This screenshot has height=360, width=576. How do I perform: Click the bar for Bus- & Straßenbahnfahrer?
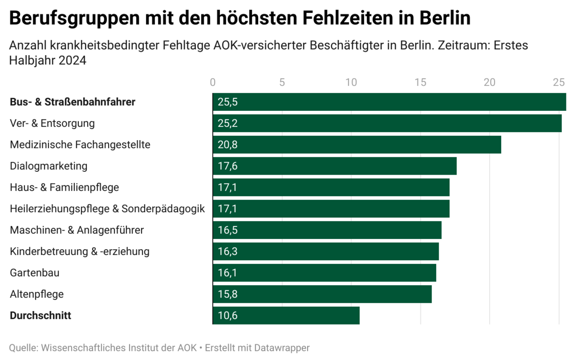pyautogui.click(x=389, y=102)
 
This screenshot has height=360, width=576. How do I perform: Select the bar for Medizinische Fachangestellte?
pyautogui.click(x=357, y=144)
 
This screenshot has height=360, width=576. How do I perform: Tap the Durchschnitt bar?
pyautogui.click(x=286, y=315)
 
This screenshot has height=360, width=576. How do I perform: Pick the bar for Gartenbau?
pyautogui.click(x=324, y=273)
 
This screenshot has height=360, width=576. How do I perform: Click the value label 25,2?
pyautogui.click(x=228, y=123)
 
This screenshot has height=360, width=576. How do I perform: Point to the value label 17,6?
pyautogui.click(x=228, y=166)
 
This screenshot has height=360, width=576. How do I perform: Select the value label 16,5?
pyautogui.click(x=228, y=230)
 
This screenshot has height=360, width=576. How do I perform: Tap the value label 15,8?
pyautogui.click(x=228, y=294)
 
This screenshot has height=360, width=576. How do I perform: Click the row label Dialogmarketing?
pyautogui.click(x=48, y=166)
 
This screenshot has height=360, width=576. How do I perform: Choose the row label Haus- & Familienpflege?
pyautogui.click(x=64, y=187)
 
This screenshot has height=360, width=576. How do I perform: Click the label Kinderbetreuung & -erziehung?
pyautogui.click(x=80, y=251)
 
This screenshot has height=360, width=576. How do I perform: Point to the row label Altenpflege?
pyautogui.click(x=36, y=294)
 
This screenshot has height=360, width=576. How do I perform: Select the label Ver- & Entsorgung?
pyautogui.click(x=52, y=123)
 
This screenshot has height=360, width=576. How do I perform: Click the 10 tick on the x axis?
pyautogui.click(x=351, y=82)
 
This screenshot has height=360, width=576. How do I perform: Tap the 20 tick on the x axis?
pyautogui.click(x=490, y=82)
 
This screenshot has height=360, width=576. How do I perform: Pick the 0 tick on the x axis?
pyautogui.click(x=213, y=82)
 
